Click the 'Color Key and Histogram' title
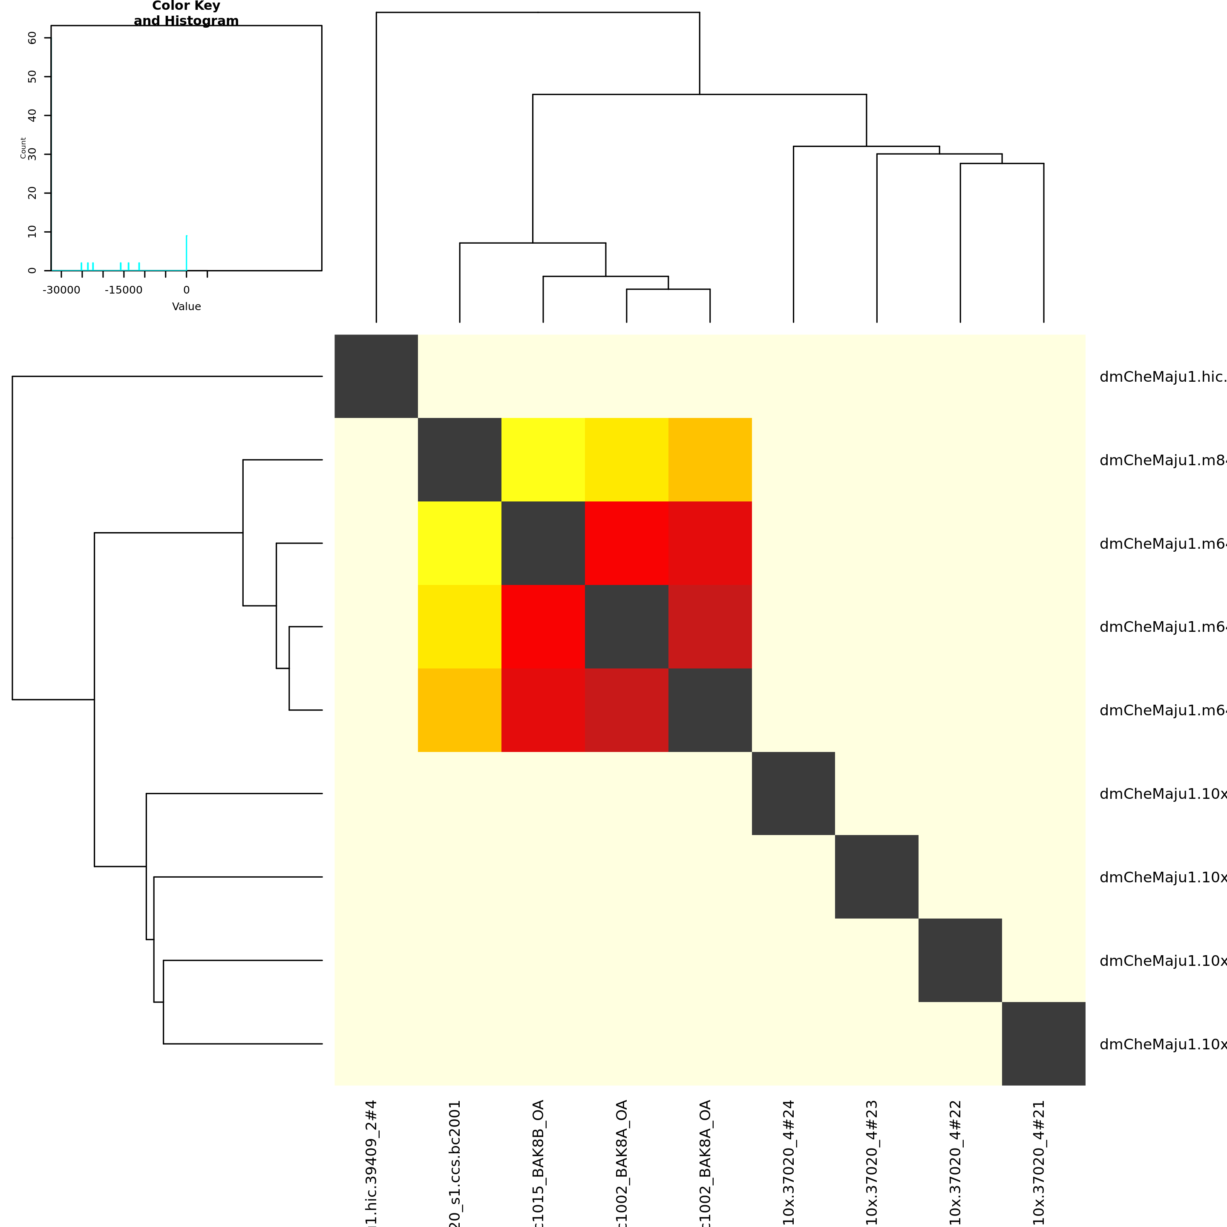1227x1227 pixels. tap(186, 13)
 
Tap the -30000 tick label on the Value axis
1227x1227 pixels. tap(62, 290)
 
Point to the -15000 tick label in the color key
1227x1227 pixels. tap(124, 290)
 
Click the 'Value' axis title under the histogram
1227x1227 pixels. tap(186, 307)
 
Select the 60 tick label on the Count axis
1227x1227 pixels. tap(32, 38)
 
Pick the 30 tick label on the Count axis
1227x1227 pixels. tap(32, 154)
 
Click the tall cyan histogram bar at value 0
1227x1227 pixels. tap(186, 253)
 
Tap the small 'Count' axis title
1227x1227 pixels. tap(23, 148)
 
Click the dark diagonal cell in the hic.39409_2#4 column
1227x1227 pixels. tap(376, 376)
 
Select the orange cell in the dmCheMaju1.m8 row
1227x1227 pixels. tap(710, 459)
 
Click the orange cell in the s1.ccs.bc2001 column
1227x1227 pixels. tap(459, 710)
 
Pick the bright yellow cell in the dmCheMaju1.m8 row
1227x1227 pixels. tap(543, 459)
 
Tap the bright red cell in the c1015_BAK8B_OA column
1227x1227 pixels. tap(543, 626)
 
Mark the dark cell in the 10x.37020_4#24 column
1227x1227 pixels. tap(793, 793)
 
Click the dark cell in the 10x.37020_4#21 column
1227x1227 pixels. tap(1043, 1043)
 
